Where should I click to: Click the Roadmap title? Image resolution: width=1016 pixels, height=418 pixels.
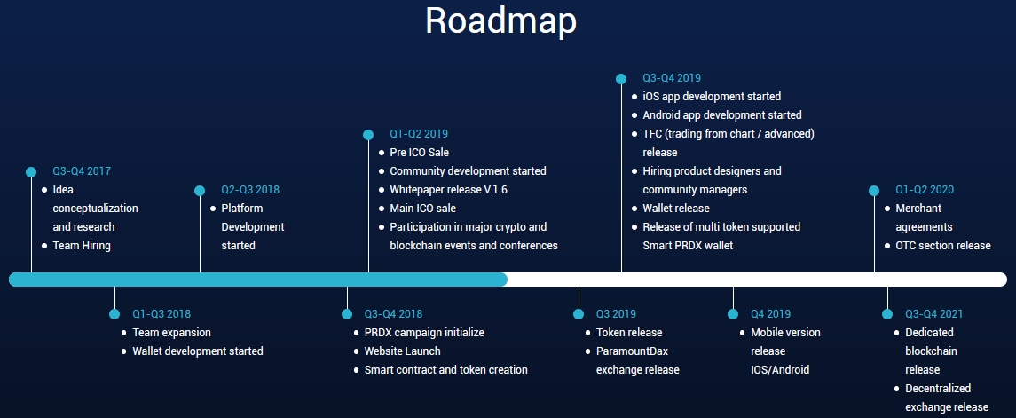tap(500, 20)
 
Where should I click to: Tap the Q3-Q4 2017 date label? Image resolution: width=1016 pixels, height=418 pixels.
tap(82, 171)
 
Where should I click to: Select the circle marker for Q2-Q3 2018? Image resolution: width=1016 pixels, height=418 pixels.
tap(200, 190)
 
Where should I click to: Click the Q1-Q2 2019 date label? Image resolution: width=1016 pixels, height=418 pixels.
tap(419, 134)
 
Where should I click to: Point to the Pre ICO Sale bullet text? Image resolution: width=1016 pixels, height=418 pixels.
tap(419, 153)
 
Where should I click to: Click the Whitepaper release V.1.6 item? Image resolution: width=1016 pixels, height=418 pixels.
tap(448, 190)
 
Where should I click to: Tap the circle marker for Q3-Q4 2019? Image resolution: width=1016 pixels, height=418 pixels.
tap(621, 78)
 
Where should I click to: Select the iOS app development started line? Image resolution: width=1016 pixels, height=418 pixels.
tap(712, 97)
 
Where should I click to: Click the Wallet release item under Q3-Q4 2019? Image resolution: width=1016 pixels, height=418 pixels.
tap(676, 209)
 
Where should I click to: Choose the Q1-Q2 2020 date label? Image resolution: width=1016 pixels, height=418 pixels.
tap(925, 190)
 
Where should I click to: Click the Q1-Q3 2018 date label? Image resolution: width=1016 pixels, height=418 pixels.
tap(161, 314)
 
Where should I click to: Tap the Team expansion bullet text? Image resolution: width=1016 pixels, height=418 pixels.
tap(172, 333)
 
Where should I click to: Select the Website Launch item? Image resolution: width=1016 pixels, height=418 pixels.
tap(402, 351)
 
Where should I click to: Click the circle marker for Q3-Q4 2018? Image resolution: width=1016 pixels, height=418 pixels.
tap(347, 314)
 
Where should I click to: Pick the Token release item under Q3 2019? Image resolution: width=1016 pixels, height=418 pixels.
tap(629, 333)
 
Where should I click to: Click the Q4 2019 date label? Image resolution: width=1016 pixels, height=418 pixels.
tap(770, 314)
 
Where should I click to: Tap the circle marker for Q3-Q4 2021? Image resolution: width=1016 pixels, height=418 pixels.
tap(886, 314)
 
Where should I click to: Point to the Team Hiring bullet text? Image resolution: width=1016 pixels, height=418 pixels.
tap(82, 246)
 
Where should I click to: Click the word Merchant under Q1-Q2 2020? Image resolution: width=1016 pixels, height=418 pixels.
tap(918, 209)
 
